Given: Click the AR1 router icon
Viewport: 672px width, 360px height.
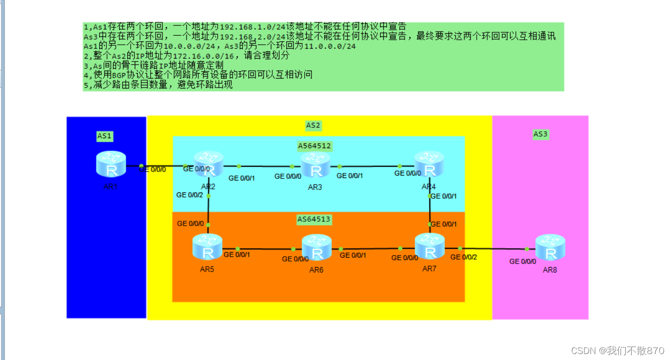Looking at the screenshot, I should (111, 164).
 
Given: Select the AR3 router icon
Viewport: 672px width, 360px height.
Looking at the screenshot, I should (316, 165).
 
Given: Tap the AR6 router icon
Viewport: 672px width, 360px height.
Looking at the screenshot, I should (317, 247).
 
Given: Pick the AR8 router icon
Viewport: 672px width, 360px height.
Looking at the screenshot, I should (550, 248).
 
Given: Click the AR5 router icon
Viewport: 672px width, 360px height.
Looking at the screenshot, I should (208, 246).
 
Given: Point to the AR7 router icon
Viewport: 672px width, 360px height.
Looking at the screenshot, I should (430, 246).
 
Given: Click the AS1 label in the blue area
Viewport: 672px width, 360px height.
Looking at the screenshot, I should (105, 136).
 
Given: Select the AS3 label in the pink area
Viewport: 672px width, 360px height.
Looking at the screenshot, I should (541, 134).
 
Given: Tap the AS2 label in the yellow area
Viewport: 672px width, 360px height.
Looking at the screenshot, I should (313, 125).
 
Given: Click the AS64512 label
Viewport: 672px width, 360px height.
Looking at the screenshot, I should (315, 146).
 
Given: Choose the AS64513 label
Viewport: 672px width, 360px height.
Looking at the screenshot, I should (314, 219).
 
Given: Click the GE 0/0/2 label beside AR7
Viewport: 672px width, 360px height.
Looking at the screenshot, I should (464, 257).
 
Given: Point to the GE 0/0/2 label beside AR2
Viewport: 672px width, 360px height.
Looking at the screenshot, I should (189, 195).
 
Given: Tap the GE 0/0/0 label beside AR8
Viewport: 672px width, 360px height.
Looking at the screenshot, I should (523, 261).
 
